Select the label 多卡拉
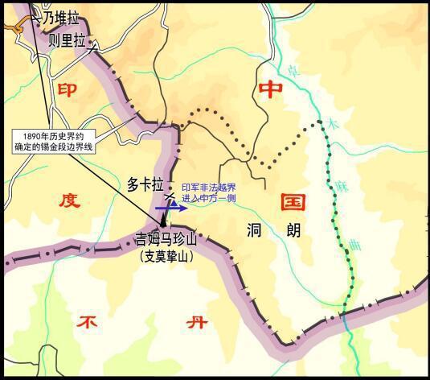coord(146,184)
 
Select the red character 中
coord(266,91)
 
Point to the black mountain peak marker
coord(165,216)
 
